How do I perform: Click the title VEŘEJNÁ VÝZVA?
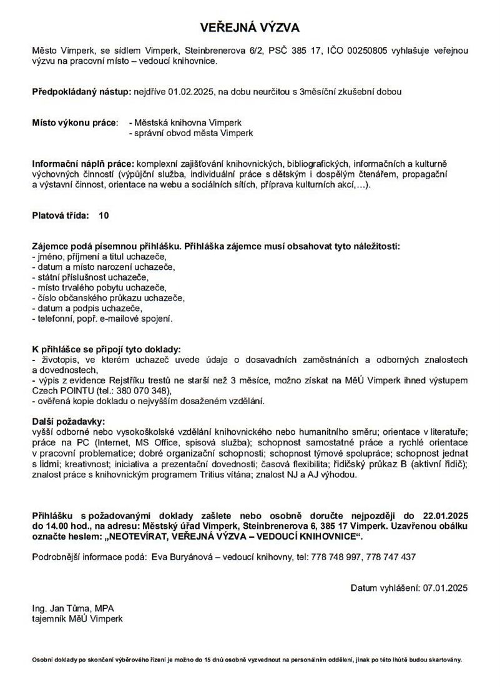point(250,27)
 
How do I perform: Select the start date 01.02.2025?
point(192,92)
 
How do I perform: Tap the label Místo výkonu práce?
point(74,123)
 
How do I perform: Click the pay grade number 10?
point(104,215)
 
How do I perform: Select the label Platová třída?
point(61,215)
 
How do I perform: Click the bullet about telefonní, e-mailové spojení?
point(101,319)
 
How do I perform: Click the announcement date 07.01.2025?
point(445,588)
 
